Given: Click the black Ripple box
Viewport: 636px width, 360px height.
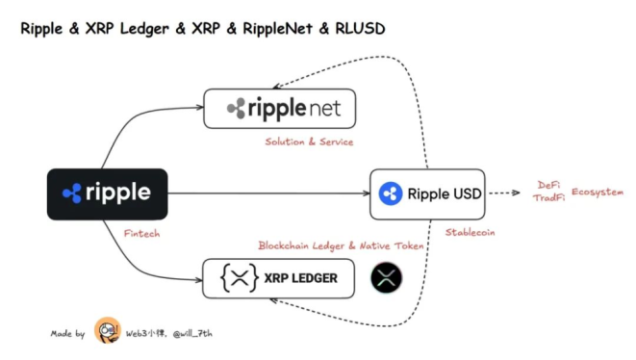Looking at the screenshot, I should (x=107, y=193).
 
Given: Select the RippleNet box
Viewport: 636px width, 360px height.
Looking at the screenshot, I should (x=279, y=108).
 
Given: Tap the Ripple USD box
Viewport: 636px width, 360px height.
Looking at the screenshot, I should (x=425, y=193).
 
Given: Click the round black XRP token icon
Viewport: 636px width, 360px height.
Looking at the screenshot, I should (x=387, y=277).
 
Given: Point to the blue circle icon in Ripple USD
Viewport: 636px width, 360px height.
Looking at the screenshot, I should (x=391, y=193).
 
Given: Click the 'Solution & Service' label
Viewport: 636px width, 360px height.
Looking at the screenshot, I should (x=309, y=141).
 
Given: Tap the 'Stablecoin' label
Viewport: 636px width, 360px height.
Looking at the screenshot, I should (x=471, y=232).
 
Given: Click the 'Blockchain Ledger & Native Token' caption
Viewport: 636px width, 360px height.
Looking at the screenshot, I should (x=341, y=246).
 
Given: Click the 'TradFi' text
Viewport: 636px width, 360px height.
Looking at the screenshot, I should (x=547, y=197).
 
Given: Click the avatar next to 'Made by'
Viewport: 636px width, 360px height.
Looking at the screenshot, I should (x=108, y=332).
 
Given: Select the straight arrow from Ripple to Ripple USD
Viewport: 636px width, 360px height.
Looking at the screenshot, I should (x=269, y=193).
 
